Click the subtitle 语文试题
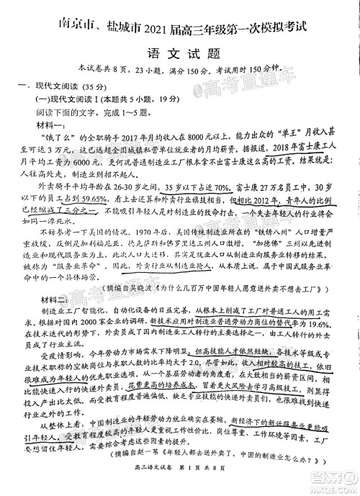click(179, 55)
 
